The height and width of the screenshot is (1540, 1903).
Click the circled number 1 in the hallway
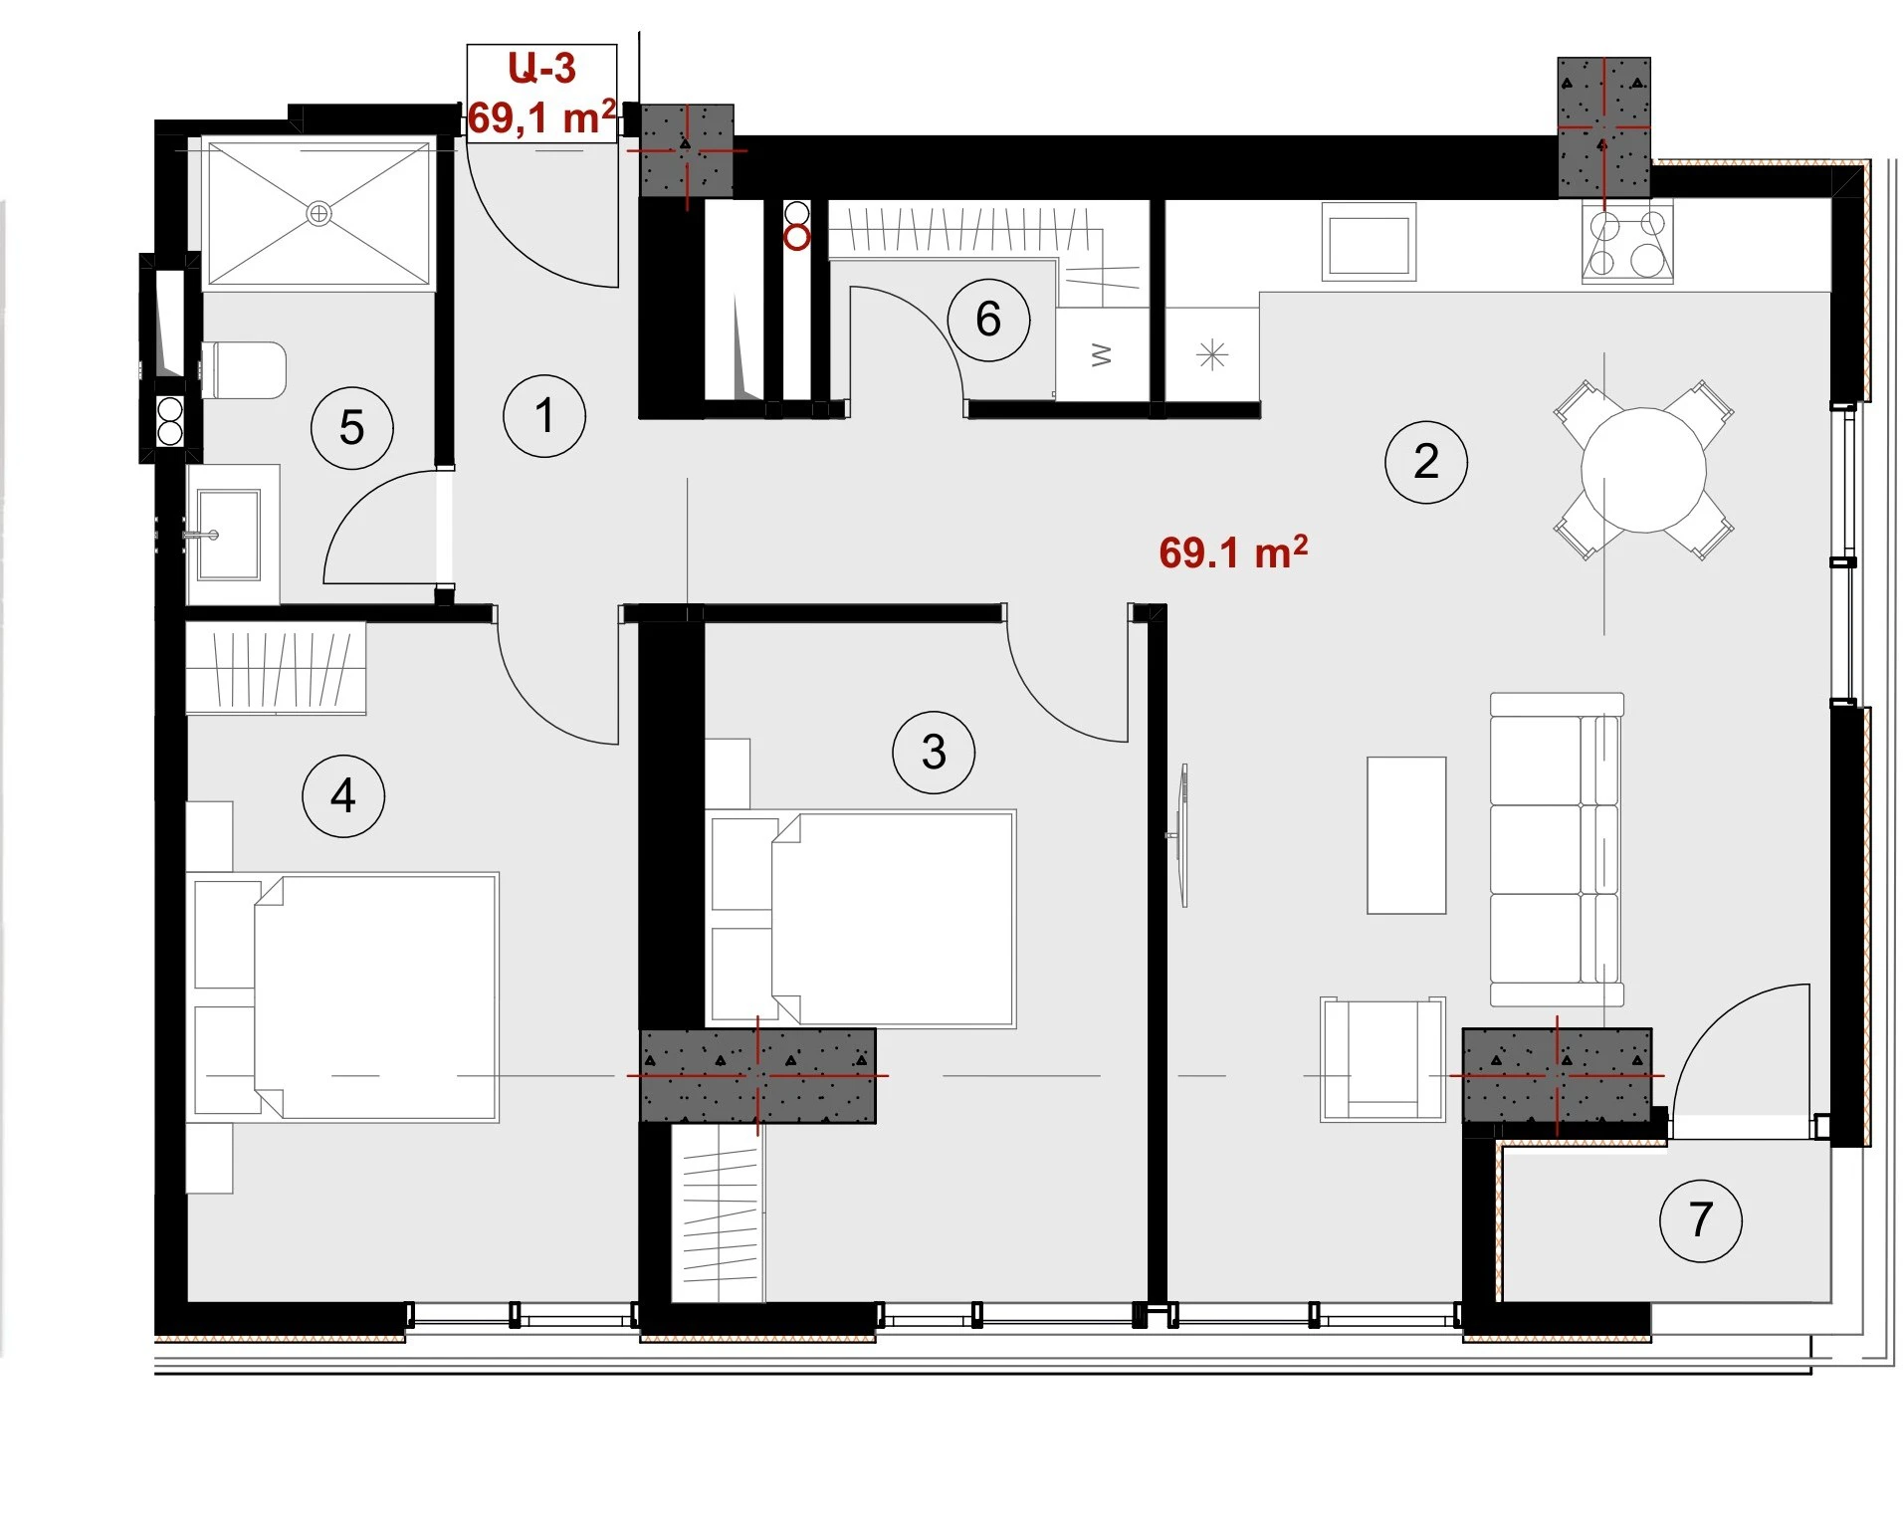click(543, 416)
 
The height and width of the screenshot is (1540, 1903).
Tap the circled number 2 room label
click(1425, 462)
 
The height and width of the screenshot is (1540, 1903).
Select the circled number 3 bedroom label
click(933, 752)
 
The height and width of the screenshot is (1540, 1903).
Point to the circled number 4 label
click(343, 795)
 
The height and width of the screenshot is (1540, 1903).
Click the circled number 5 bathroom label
click(351, 428)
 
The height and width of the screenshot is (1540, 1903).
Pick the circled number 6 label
click(987, 320)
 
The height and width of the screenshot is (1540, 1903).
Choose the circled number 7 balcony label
click(1700, 1220)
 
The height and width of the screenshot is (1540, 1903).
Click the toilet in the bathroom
click(244, 370)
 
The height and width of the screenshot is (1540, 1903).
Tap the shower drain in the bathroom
click(318, 213)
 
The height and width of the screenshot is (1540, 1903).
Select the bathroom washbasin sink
click(228, 535)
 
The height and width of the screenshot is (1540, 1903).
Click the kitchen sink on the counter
click(1369, 242)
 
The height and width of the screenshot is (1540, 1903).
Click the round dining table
click(1643, 470)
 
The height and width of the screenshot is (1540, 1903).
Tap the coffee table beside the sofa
click(1405, 835)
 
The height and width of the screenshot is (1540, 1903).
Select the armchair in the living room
click(1381, 1059)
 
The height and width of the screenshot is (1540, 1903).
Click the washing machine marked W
click(1103, 354)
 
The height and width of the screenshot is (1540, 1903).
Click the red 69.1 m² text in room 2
click(1233, 552)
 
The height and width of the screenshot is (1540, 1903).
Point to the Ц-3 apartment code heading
click(541, 68)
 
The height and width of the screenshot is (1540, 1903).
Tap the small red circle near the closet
click(796, 238)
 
